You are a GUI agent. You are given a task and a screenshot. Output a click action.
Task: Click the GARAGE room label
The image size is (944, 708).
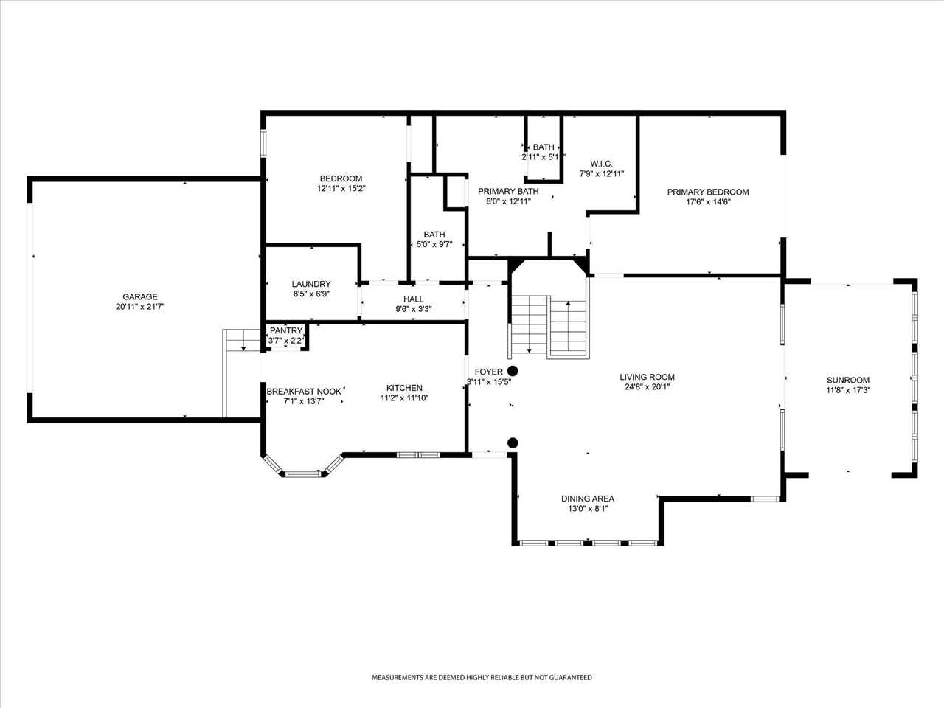pyautogui.click(x=140, y=296)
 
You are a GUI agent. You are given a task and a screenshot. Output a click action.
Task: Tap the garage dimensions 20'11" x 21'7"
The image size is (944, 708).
pyautogui.click(x=140, y=307)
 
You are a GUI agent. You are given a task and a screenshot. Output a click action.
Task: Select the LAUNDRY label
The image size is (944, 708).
pyautogui.click(x=311, y=284)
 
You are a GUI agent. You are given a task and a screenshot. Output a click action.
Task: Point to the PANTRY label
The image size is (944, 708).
pyautogui.click(x=286, y=330)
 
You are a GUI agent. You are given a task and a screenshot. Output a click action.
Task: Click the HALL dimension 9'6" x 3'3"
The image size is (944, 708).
pyautogui.click(x=413, y=309)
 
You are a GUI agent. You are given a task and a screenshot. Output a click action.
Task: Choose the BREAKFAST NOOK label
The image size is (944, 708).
pyautogui.click(x=304, y=392)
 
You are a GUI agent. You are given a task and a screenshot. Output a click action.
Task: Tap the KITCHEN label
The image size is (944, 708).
pyautogui.click(x=404, y=388)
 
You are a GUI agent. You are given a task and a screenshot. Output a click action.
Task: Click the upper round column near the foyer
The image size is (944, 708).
pyautogui.click(x=513, y=371)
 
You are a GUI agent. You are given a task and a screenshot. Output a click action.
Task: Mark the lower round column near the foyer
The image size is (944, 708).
pyautogui.click(x=513, y=442)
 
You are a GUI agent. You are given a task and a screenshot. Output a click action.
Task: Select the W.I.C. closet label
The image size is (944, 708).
pyautogui.click(x=601, y=164)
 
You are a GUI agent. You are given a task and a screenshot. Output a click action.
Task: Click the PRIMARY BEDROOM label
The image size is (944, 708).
pyautogui.click(x=708, y=192)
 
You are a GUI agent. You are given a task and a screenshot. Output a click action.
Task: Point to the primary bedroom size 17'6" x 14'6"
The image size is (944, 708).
pyautogui.click(x=708, y=202)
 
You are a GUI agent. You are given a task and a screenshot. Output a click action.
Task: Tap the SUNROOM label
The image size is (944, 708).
pyautogui.click(x=848, y=380)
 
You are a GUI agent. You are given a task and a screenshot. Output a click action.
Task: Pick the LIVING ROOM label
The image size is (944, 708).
pyautogui.click(x=647, y=377)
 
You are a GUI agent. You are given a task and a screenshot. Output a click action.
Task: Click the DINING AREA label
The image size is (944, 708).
pyautogui.click(x=588, y=499)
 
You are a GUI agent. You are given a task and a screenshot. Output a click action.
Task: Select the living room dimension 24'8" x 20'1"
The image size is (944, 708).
pyautogui.click(x=647, y=387)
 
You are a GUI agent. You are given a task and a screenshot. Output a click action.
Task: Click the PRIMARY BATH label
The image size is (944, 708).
pyautogui.click(x=508, y=191)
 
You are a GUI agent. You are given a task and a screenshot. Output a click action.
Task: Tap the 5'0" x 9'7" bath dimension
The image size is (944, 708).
pyautogui.click(x=434, y=245)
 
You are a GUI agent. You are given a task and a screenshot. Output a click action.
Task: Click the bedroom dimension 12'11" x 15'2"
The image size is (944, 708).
pyautogui.click(x=341, y=188)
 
